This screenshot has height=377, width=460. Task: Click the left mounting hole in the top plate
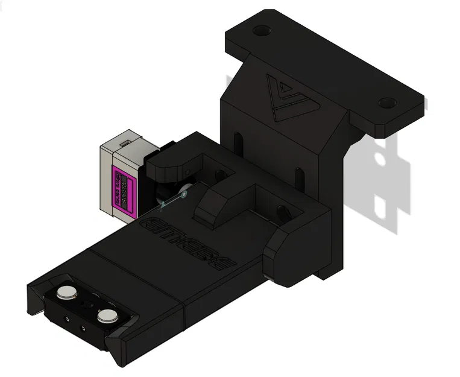point(260,30)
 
